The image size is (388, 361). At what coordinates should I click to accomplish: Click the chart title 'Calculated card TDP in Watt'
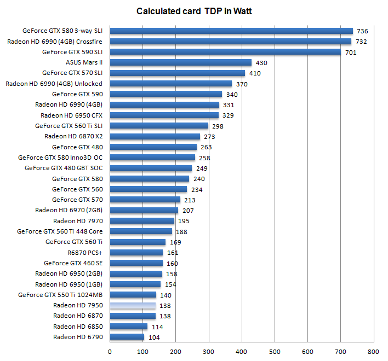click(194, 10)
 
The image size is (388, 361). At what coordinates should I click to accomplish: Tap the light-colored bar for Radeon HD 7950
click(133, 306)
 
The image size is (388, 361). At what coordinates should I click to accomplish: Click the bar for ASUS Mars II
click(181, 62)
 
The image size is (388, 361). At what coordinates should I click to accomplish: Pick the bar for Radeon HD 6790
click(127, 337)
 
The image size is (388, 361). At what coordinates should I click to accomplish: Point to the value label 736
click(362, 31)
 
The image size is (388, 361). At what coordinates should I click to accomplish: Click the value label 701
click(350, 53)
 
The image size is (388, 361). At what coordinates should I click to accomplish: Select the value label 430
click(261, 63)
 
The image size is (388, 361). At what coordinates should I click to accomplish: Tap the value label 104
click(154, 337)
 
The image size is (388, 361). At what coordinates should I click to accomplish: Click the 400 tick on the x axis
click(242, 352)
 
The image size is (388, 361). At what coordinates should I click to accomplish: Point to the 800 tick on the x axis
click(373, 352)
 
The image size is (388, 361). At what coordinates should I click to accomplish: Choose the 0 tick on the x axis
click(110, 352)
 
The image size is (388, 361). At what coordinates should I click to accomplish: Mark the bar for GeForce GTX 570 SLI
click(178, 73)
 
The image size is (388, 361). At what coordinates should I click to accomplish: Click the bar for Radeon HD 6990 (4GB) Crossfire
click(231, 41)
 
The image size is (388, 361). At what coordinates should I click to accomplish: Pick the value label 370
click(242, 84)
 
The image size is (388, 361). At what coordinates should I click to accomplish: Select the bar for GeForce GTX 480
click(153, 147)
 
